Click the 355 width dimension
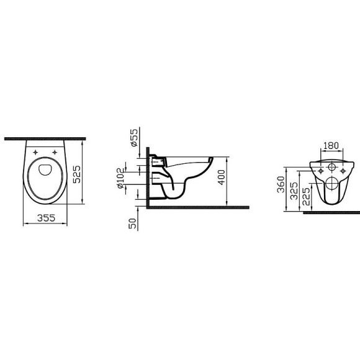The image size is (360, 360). click(x=43, y=217)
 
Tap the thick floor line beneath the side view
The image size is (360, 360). click(x=199, y=207)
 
